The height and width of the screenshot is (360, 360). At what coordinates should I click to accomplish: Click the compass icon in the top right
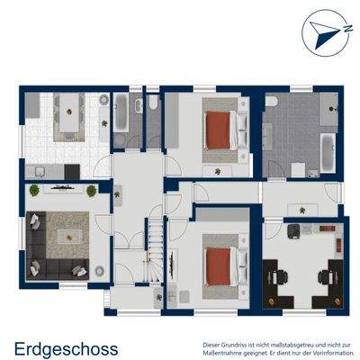pos(325,31)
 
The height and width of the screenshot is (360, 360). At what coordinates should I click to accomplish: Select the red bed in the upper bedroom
pos(219,130)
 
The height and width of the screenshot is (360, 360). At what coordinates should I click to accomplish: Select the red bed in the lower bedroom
pos(219,265)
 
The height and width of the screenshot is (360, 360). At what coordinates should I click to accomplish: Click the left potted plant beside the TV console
pos(34,190)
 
